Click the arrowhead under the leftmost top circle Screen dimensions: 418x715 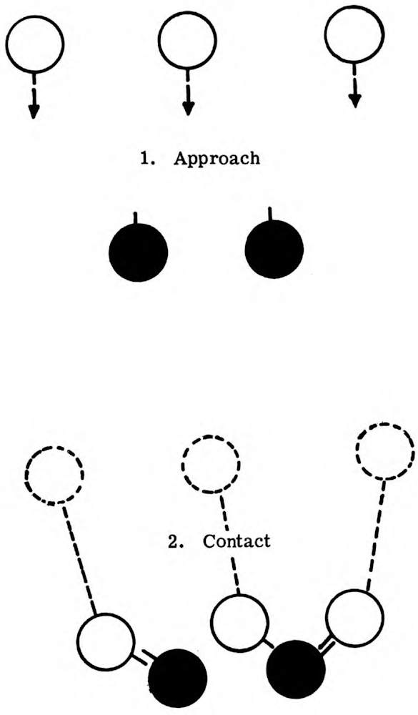tap(34, 112)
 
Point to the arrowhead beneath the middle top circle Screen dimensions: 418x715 tap(188, 109)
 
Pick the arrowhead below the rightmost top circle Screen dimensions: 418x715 tap(354, 100)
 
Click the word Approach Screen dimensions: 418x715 tap(217, 159)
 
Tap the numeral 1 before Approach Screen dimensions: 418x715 tap(146, 158)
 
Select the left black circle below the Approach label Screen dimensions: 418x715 tap(139, 252)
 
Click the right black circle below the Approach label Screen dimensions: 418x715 tap(274, 249)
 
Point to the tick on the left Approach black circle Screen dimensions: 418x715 tap(135, 217)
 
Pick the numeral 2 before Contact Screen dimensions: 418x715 tap(173, 541)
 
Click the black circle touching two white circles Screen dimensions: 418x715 tap(297, 669)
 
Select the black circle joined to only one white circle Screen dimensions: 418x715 tap(178, 678)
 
